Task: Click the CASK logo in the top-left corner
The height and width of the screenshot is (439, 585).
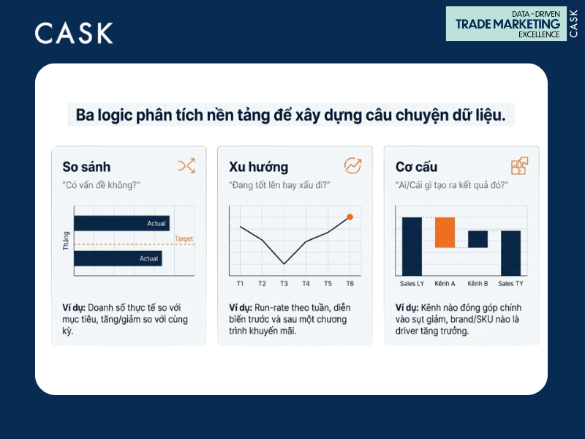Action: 74,33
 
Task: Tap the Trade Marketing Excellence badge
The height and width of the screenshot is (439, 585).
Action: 512,23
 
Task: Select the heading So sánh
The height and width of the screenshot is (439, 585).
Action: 86,167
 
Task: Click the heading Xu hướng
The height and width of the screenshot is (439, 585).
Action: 258,167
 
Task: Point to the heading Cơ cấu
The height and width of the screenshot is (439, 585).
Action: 416,167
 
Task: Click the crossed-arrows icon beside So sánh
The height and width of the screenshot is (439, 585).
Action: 186,166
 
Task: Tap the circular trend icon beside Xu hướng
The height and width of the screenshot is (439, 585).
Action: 352,166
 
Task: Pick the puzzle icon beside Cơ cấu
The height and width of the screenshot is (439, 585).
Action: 519,166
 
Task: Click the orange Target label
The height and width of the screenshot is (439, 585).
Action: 184,239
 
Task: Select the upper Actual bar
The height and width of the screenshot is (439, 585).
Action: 121,223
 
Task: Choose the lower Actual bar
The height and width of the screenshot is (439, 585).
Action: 118,258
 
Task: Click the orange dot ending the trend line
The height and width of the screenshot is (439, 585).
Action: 350,217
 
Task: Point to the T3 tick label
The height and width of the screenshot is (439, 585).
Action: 284,283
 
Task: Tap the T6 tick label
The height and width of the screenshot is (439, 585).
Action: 350,283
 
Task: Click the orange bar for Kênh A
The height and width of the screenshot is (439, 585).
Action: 445,232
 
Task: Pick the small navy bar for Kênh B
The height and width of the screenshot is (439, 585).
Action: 478,239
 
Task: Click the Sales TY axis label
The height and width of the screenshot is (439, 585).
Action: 510,283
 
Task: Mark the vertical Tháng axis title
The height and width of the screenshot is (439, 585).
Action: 66,241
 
